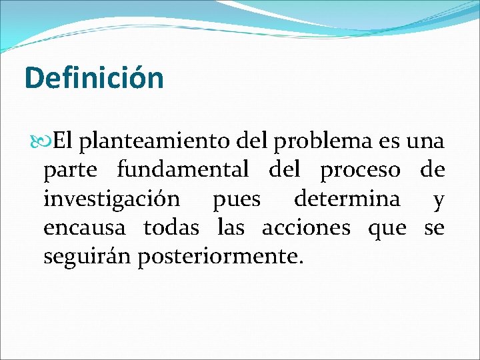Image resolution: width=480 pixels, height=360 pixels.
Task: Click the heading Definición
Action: [93, 78]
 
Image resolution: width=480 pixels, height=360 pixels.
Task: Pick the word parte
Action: [71, 171]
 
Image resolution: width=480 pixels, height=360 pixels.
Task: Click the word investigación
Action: [111, 199]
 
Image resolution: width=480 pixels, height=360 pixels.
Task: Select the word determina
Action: [347, 199]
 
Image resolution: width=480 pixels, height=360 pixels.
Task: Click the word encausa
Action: [84, 228]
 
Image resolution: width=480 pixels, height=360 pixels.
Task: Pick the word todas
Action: [171, 228]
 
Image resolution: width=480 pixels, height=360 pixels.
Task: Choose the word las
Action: [231, 228]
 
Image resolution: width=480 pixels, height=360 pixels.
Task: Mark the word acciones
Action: [305, 228]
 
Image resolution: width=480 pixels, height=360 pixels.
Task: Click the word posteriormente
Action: [220, 257]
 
